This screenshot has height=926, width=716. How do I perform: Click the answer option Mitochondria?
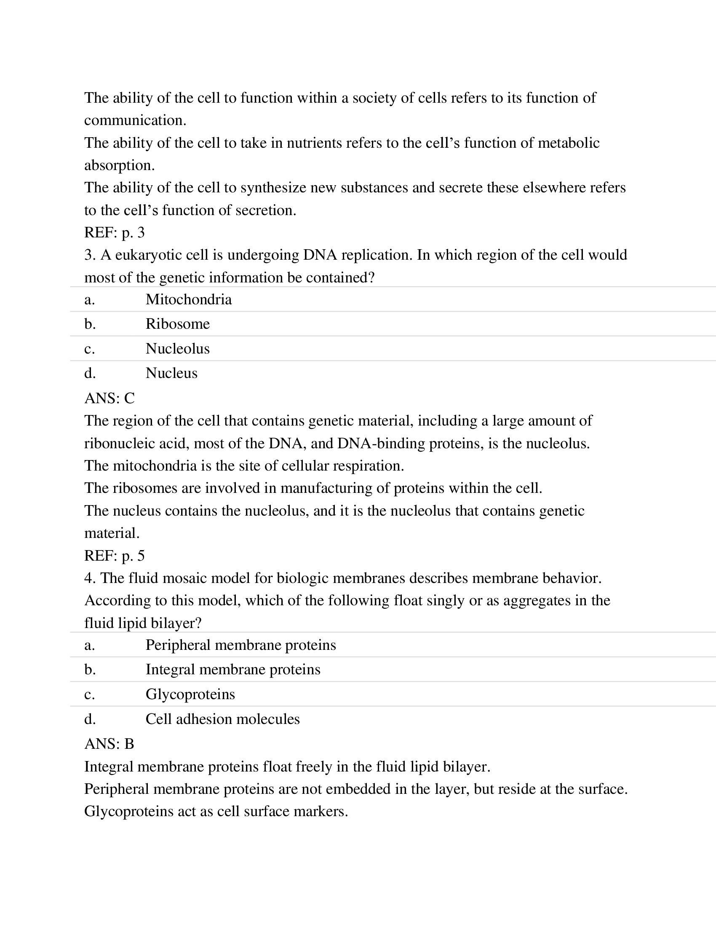(x=188, y=300)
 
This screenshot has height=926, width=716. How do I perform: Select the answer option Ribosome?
(x=177, y=324)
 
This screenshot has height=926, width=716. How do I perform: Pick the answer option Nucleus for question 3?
(x=171, y=373)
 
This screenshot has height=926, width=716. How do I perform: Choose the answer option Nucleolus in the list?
(x=177, y=349)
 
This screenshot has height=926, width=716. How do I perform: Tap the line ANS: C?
(x=110, y=398)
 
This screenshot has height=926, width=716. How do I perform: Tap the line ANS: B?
(x=109, y=744)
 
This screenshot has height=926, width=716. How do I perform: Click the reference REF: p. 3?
(x=115, y=232)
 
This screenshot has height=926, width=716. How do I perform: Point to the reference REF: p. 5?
(x=115, y=556)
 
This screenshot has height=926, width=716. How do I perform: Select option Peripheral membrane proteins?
(x=240, y=645)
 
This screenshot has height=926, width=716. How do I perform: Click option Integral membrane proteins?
(x=233, y=670)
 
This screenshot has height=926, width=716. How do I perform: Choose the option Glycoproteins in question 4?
(x=190, y=694)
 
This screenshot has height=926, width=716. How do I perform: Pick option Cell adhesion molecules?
(x=222, y=719)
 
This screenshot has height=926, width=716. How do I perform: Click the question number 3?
(x=88, y=255)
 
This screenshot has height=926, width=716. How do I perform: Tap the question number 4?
(x=88, y=578)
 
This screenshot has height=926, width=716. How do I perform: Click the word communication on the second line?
(x=135, y=120)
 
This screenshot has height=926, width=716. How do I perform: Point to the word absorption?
(x=119, y=165)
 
